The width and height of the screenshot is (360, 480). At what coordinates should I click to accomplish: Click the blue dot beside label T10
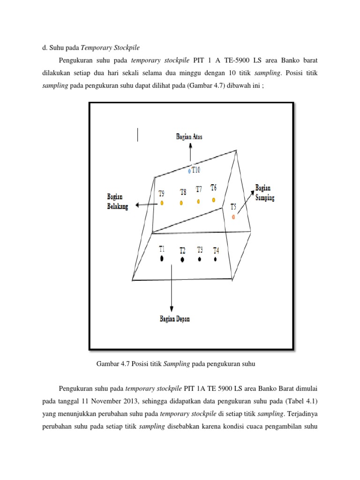coord(189,172)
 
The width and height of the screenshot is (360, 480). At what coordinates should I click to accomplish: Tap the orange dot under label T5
coord(234,217)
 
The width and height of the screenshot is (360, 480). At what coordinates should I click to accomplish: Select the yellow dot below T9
coord(162,203)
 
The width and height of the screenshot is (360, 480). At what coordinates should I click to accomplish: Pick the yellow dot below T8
coord(181,203)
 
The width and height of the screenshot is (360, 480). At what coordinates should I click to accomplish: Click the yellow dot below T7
coord(198,202)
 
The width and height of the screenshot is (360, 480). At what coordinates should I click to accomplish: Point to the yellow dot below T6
coord(213,200)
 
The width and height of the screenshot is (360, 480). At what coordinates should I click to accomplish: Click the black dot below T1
coord(162,258)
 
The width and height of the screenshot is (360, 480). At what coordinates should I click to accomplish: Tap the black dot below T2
coord(182,260)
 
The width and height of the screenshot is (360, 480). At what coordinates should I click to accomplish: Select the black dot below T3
coord(200,259)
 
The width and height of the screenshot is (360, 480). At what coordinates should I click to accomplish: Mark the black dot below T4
coord(216,259)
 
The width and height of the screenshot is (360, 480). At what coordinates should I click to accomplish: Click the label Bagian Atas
coord(189,136)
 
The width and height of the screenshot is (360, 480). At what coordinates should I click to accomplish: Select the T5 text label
coord(233,207)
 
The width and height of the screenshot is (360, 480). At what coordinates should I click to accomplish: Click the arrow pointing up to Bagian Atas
coord(190,152)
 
